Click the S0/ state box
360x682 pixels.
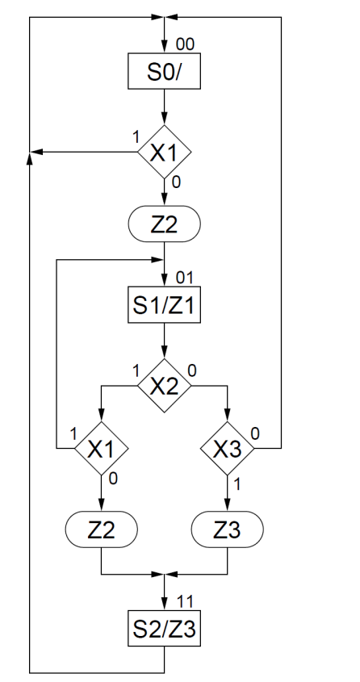click(165, 73)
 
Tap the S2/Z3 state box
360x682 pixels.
click(165, 630)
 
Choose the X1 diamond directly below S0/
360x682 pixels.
click(165, 152)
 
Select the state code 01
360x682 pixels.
click(185, 278)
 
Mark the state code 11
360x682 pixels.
click(185, 601)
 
